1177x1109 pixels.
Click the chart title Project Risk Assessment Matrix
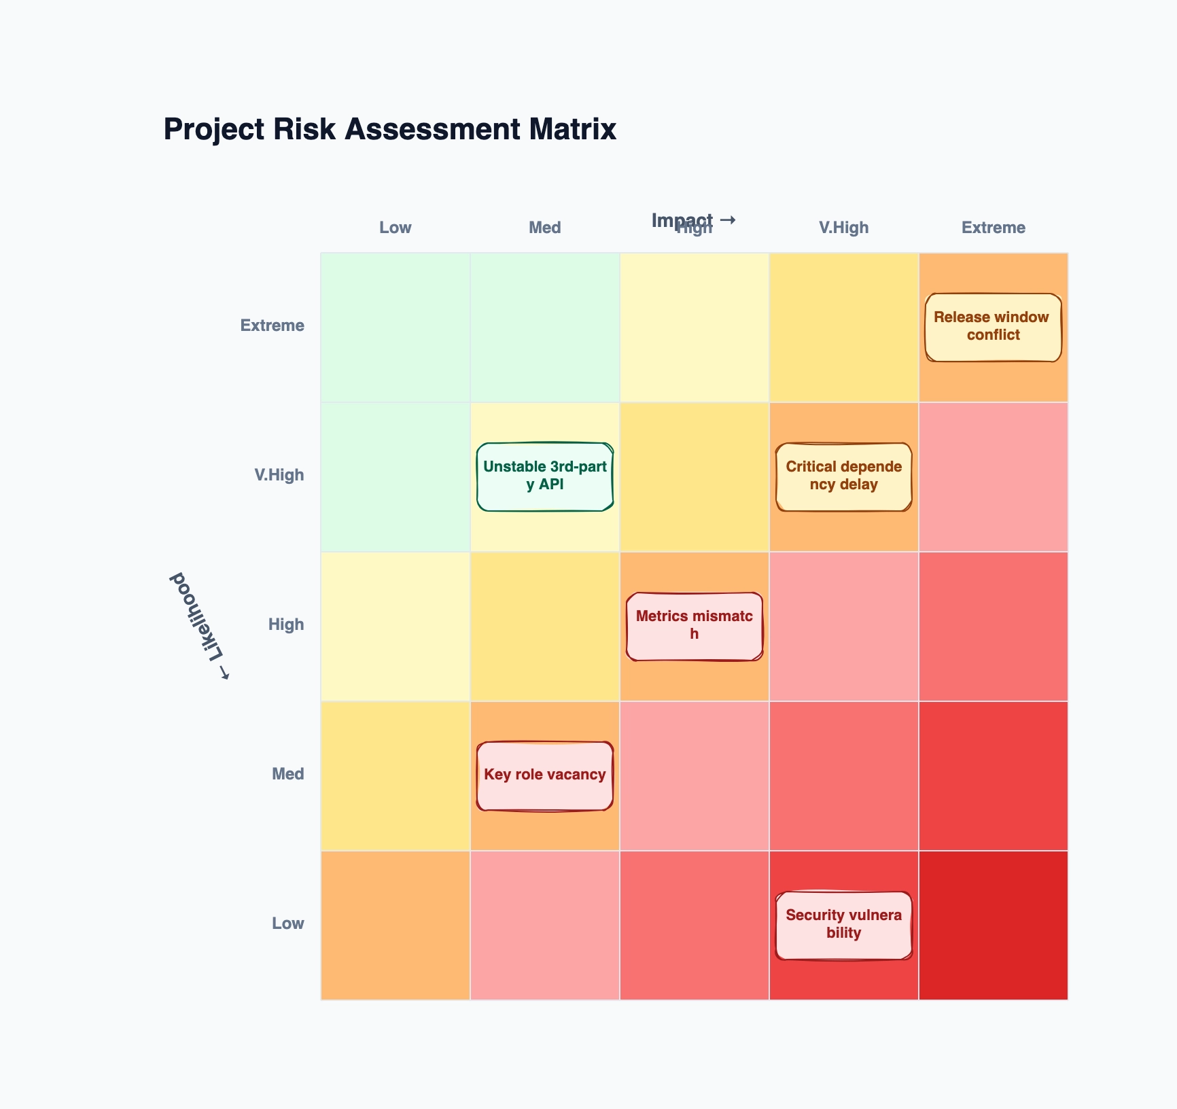(x=390, y=129)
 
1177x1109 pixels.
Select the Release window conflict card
(x=993, y=327)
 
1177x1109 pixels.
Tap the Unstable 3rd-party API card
(x=544, y=476)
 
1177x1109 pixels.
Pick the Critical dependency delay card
(x=843, y=476)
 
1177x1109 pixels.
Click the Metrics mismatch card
(x=694, y=626)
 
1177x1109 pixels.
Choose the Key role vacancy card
(x=544, y=775)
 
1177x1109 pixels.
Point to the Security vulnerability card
(x=843, y=925)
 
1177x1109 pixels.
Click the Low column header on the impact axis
(x=395, y=228)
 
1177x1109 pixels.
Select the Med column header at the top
(x=544, y=228)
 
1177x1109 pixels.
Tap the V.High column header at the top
(x=843, y=228)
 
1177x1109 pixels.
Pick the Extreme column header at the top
(x=993, y=228)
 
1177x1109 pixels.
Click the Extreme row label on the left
(x=272, y=325)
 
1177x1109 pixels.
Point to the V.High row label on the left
(x=279, y=475)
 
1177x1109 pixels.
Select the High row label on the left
(x=285, y=624)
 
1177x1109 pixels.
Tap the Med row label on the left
(x=287, y=774)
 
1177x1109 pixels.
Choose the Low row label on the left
(x=287, y=923)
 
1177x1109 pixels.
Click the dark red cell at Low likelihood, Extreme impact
(x=993, y=925)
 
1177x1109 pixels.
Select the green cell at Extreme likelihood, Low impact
(x=395, y=327)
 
